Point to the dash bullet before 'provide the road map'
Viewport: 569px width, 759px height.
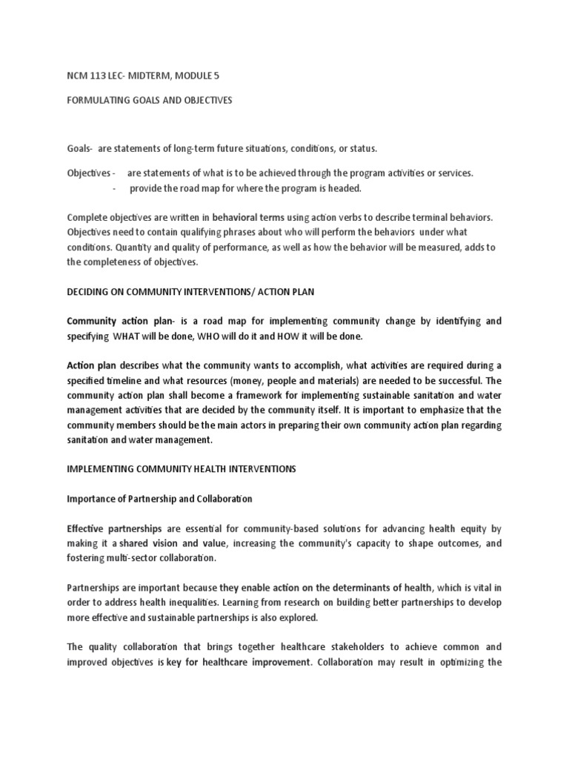click(115, 188)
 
